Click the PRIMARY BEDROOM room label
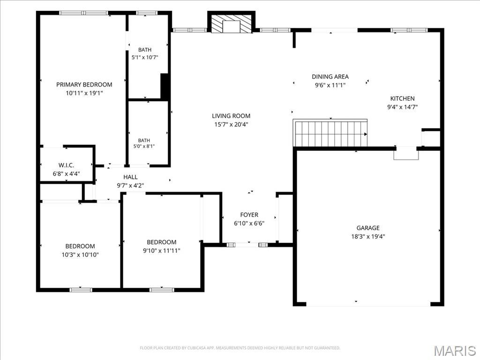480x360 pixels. click(84, 84)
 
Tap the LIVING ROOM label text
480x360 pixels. click(231, 116)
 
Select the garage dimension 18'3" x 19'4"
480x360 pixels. click(368, 236)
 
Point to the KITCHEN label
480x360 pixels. click(402, 98)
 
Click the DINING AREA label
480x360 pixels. click(330, 76)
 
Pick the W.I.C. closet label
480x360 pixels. click(66, 165)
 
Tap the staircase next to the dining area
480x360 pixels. click(330, 133)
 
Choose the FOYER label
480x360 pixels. click(249, 215)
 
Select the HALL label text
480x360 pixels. click(130, 177)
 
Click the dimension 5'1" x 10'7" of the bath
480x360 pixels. click(145, 57)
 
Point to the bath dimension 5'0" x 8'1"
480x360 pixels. click(144, 146)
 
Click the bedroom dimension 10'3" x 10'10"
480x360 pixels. click(80, 255)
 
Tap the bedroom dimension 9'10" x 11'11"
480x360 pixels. click(162, 251)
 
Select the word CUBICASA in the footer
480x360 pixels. click(197, 348)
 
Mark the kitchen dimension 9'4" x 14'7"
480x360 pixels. click(402, 107)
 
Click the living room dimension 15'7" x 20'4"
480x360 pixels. click(231, 124)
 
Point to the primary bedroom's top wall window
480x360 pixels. click(83, 13)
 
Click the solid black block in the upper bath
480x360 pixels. click(165, 87)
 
